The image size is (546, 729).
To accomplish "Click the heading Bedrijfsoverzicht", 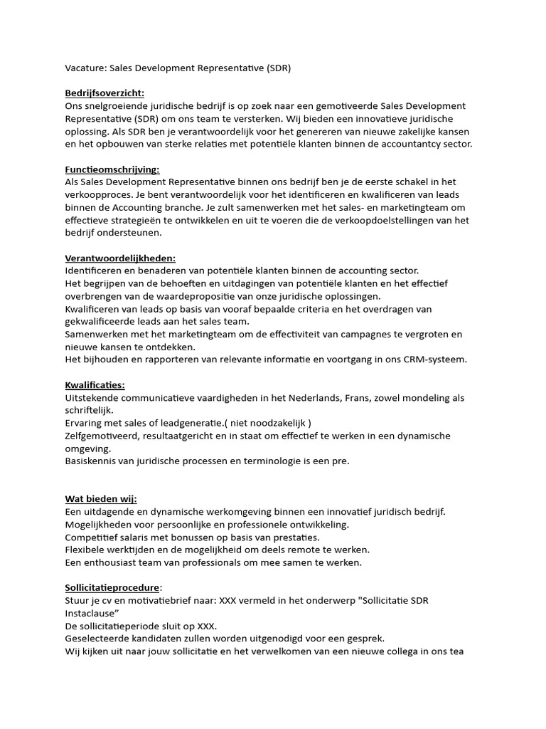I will pos(105,93).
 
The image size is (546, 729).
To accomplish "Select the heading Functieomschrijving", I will pos(112,169).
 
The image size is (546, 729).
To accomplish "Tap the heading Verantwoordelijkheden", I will pos(120,258).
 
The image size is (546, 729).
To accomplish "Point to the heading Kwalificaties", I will pos(95,385).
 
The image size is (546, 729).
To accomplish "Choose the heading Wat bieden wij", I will pos(101,499).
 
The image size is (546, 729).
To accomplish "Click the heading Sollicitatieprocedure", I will pos(113,588).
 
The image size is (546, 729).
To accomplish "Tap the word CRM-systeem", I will pos(435,360).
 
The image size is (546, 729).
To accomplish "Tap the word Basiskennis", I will pos(93,461).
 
